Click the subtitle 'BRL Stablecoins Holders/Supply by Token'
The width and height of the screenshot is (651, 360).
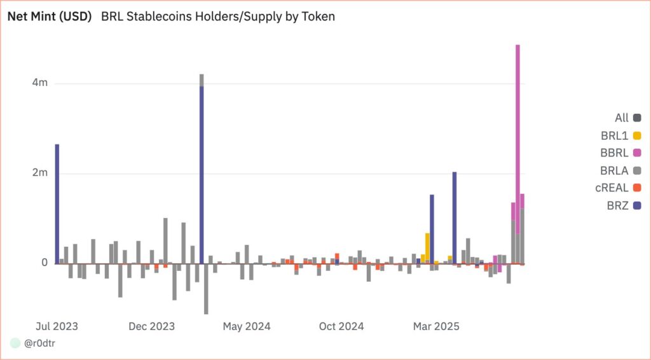click(218, 17)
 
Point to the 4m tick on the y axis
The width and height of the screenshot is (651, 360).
click(41, 83)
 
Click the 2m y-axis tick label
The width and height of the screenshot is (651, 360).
click(41, 173)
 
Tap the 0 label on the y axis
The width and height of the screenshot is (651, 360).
click(45, 263)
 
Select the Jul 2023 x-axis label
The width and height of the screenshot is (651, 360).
click(57, 326)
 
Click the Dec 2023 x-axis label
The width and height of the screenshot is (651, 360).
click(151, 326)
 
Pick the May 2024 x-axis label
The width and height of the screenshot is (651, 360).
click(246, 326)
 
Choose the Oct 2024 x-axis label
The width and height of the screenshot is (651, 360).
click(341, 326)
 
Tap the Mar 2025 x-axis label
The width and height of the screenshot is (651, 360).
click(435, 326)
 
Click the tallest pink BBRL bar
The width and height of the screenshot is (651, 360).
click(518, 127)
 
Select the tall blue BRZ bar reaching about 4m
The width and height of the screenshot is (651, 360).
click(202, 172)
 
